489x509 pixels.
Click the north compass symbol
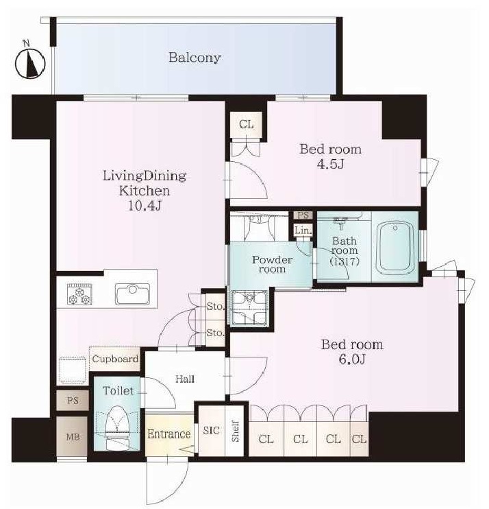click(x=30, y=62)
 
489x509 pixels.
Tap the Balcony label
click(x=195, y=58)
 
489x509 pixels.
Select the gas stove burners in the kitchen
click(x=79, y=294)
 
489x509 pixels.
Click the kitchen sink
click(x=132, y=294)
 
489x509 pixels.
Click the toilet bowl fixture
click(x=117, y=428)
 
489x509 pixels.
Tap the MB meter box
click(x=73, y=436)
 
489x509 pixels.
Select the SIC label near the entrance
click(x=212, y=430)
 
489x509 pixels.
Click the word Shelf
click(x=236, y=431)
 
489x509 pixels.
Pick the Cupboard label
click(x=115, y=359)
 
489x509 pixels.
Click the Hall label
click(x=185, y=379)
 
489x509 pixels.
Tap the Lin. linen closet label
click(x=303, y=230)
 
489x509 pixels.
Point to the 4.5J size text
click(x=330, y=164)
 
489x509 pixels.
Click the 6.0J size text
click(x=352, y=359)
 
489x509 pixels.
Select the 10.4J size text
click(x=145, y=206)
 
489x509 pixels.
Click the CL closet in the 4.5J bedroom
click(x=247, y=124)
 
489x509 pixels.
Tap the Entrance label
click(x=169, y=434)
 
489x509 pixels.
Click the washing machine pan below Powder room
click(x=249, y=308)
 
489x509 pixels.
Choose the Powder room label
click(x=272, y=264)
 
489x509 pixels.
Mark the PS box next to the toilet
click(x=73, y=401)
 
